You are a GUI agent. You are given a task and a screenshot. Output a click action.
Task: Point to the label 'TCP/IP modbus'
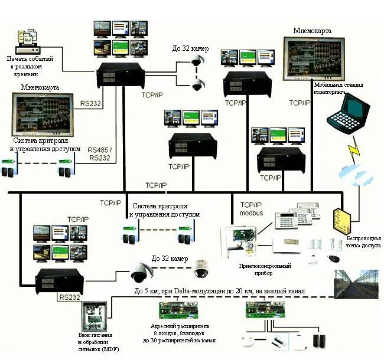250,207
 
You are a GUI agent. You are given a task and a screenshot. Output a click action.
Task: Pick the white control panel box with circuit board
242,242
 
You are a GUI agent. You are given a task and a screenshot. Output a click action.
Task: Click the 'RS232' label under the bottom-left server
69,297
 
